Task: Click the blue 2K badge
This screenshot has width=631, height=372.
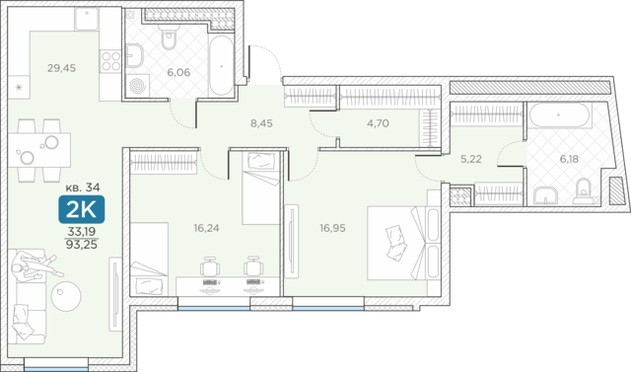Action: [x=82, y=209]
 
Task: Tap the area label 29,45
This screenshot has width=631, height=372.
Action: [x=61, y=68]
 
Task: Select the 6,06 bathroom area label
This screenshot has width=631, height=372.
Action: [x=178, y=72]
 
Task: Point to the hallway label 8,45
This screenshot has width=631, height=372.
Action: [x=261, y=123]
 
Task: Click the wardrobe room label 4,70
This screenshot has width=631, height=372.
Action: [x=378, y=123]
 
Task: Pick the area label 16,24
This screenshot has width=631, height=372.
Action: [x=206, y=228]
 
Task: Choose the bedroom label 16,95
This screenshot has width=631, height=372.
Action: [x=333, y=228]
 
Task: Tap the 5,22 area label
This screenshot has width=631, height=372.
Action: [x=471, y=159]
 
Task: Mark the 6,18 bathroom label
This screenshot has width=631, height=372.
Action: [x=569, y=159]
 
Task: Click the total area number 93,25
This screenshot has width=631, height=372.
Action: [x=82, y=245]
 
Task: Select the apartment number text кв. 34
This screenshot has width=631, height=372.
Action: [x=83, y=187]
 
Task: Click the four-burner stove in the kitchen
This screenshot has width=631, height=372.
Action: [x=110, y=61]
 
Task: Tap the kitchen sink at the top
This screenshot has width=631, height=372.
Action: [x=86, y=19]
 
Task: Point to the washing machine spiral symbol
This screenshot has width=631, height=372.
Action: [x=138, y=86]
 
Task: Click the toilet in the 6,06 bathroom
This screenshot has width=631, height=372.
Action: [x=168, y=37]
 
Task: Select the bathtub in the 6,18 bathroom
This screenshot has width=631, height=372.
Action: [x=559, y=115]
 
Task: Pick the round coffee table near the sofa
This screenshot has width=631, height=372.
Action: [x=66, y=296]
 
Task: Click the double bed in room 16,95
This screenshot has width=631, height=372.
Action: [x=404, y=243]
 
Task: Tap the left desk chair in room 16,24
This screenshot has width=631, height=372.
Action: [x=210, y=266]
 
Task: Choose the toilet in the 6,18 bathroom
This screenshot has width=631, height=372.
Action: [x=584, y=190]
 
